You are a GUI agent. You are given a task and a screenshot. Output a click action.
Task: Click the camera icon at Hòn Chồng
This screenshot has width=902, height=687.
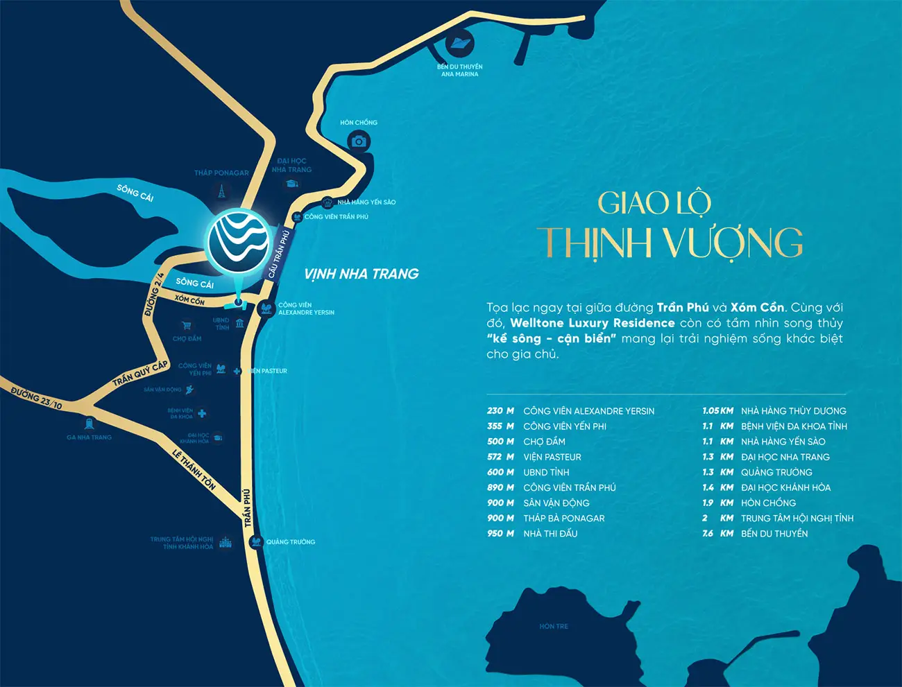point(359,141)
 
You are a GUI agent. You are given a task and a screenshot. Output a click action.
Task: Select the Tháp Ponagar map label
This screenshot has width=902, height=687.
point(221,173)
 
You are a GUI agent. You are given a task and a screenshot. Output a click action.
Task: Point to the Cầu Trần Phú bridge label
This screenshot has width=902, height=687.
point(278,253)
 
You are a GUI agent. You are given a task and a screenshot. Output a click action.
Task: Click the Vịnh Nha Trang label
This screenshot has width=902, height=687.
point(361,274)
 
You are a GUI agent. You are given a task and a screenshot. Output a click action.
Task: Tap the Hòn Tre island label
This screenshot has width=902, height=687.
point(554,626)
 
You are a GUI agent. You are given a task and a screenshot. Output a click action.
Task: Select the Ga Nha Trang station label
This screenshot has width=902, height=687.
point(89,437)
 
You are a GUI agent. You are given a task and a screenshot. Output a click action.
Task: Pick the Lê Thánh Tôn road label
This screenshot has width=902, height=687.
point(194,470)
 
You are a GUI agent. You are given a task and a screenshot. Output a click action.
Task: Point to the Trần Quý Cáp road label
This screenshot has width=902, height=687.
point(141,373)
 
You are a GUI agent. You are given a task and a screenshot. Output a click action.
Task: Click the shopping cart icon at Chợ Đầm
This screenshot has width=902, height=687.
point(186,325)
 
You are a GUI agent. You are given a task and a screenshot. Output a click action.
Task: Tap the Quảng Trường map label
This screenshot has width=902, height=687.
point(291,542)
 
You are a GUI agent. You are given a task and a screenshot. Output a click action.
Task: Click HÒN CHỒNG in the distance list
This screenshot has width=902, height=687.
point(768,503)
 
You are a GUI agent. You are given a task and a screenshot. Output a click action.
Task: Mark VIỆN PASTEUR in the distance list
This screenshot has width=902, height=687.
point(552,458)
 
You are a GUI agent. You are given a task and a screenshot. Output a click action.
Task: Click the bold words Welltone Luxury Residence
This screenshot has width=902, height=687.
point(593,323)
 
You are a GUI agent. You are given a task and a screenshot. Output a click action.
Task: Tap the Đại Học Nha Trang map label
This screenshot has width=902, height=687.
point(291,165)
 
